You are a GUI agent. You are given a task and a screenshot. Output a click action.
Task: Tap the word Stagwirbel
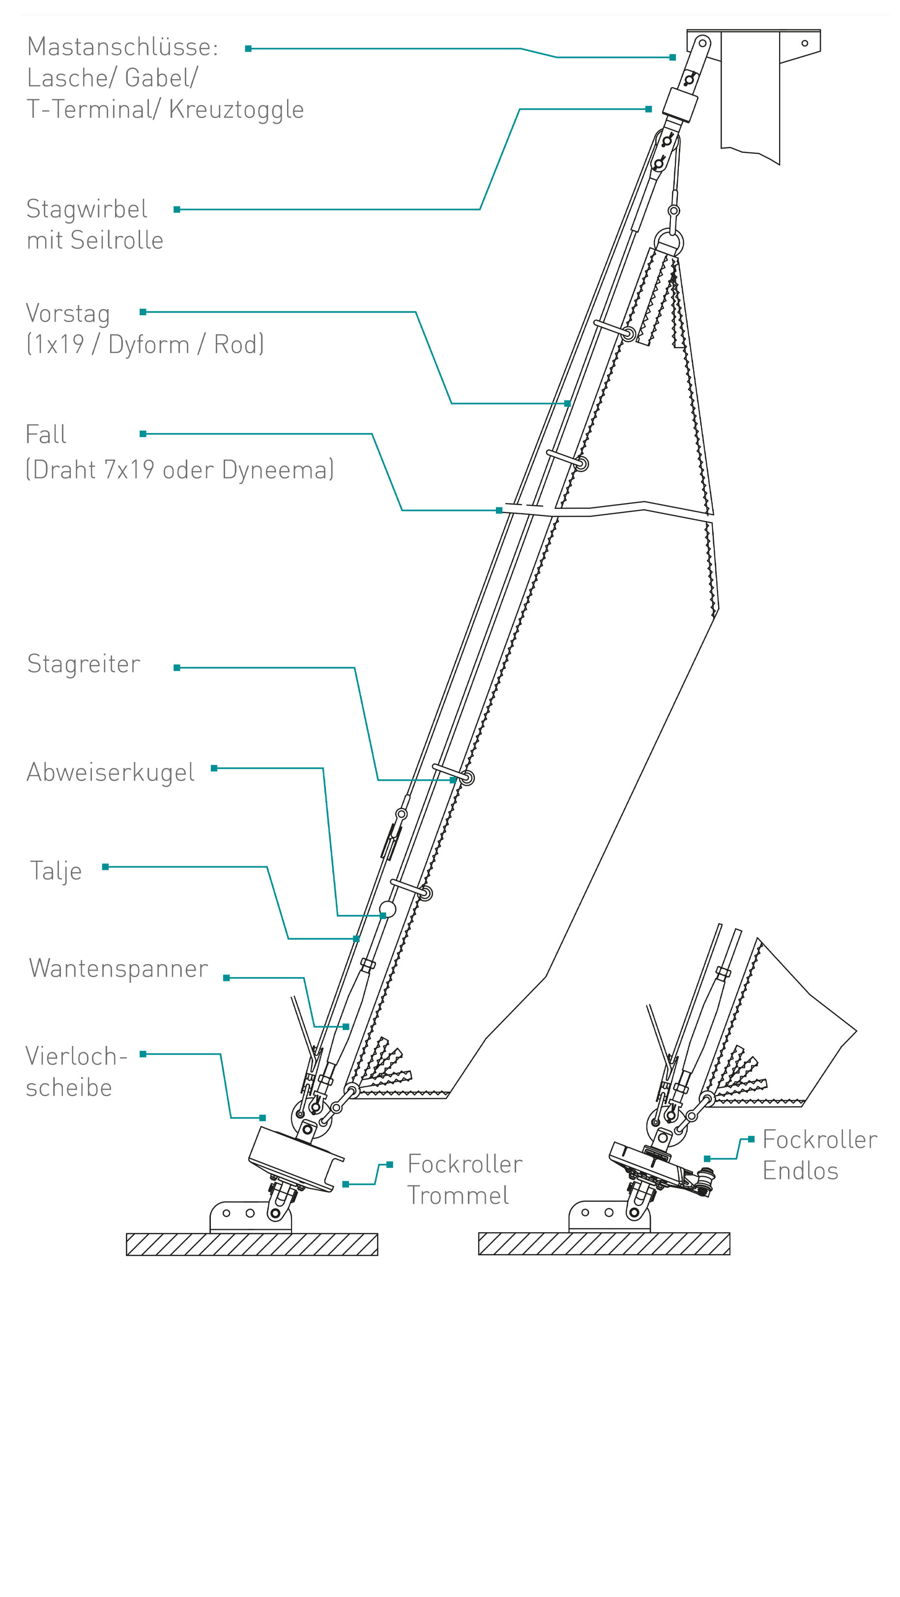pos(87,209)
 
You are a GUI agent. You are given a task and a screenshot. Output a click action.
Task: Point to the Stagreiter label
pos(84,664)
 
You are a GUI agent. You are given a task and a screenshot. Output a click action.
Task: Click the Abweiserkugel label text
pos(110,772)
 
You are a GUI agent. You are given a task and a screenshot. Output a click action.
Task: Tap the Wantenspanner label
pos(118,968)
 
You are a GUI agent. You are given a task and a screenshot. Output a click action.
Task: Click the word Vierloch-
pos(76,1056)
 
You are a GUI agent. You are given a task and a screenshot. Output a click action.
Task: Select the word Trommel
pos(458,1195)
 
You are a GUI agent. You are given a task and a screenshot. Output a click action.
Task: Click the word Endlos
pos(800,1171)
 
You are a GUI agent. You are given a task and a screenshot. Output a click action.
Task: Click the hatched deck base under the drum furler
pos(252,1244)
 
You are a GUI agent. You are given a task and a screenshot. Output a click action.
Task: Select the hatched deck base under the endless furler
pos(604,1243)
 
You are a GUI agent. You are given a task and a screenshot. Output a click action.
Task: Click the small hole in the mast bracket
pos(805,43)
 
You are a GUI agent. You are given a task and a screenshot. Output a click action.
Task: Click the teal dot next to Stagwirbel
pos(176,209)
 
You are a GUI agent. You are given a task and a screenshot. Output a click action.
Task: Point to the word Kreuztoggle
pos(236,110)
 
